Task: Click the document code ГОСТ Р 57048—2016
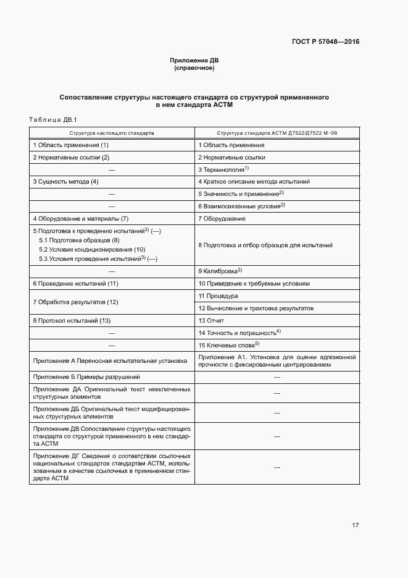coord(325,42)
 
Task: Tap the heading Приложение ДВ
coord(194,61)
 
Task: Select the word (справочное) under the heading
coord(194,68)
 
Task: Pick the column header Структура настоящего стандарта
coord(112,133)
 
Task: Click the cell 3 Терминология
coord(223,169)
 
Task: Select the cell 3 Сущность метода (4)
coord(65,182)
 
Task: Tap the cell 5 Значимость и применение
coord(241,194)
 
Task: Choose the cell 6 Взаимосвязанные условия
coord(241,206)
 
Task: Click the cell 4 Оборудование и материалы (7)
coord(80,219)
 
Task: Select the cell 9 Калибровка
coord(220,271)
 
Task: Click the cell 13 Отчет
coord(211,321)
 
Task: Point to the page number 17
coord(355,525)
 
